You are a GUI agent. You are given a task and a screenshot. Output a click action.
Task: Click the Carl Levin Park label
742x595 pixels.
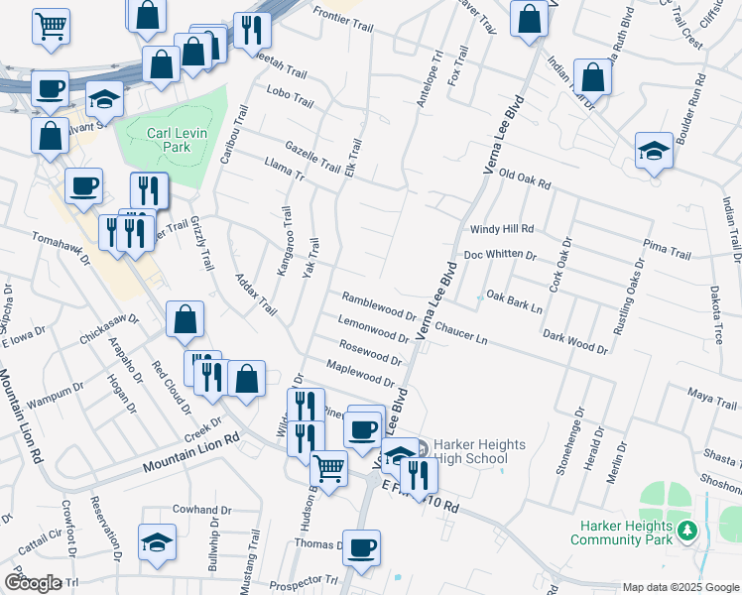168,139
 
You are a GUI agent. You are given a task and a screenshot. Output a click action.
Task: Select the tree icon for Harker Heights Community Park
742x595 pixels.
685,535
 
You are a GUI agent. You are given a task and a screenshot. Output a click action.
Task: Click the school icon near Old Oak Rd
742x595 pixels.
653,151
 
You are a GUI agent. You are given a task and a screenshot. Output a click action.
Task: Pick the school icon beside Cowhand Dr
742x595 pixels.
157,542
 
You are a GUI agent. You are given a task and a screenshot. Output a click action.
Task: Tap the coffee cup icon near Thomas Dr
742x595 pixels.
361,547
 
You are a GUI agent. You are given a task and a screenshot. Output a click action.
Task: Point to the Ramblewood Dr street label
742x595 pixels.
379,306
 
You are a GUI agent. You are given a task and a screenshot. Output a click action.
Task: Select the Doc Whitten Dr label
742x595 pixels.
500,255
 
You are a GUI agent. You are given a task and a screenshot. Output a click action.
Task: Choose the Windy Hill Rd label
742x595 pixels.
502,228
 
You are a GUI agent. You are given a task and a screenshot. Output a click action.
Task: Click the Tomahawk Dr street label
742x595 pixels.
61,249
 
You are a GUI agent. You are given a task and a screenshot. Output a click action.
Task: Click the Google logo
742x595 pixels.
33,583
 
